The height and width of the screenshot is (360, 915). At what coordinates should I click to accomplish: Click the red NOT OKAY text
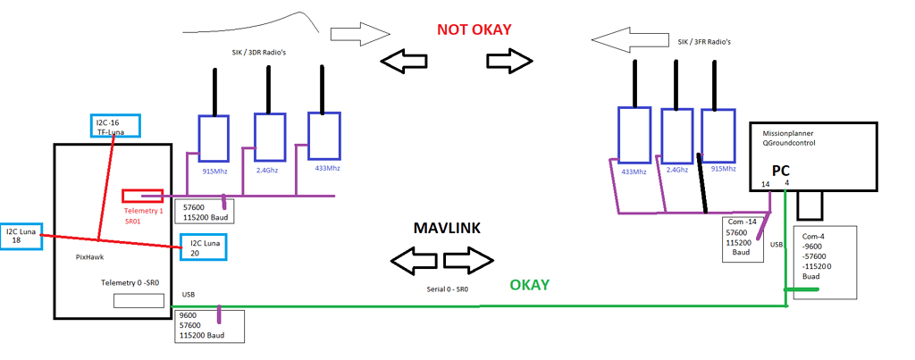[474, 29]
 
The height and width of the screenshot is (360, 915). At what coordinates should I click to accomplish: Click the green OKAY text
[529, 286]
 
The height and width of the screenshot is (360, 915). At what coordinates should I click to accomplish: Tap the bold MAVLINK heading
[447, 228]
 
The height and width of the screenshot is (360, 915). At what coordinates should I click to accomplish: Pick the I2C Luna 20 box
[203, 247]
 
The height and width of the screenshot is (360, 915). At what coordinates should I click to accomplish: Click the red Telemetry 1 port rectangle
[142, 196]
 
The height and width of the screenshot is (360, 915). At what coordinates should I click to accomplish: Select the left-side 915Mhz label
[213, 167]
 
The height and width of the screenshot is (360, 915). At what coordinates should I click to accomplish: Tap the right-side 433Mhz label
[634, 171]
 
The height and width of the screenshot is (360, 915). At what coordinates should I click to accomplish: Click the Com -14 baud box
[742, 236]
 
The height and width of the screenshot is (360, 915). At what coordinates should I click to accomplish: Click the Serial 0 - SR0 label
[448, 289]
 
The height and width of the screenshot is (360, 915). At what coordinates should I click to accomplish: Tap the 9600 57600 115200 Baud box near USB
[211, 325]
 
